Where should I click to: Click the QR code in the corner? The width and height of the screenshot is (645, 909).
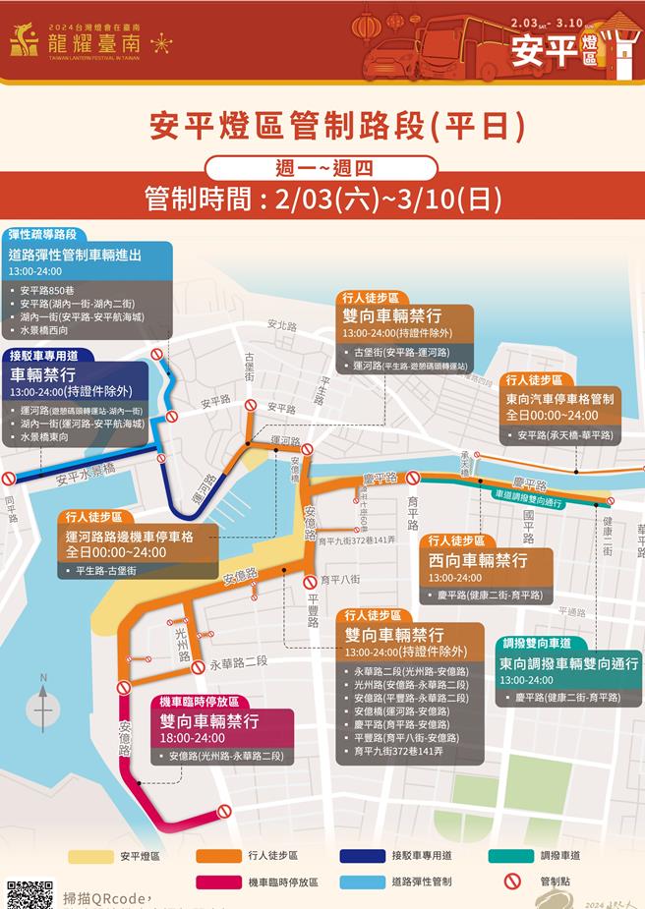pos(29,893)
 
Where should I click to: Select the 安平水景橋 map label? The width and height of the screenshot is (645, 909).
pos(86,477)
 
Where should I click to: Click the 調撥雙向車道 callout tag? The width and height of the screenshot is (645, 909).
pos(536,643)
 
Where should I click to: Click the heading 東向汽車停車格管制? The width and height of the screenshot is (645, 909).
pos(560,398)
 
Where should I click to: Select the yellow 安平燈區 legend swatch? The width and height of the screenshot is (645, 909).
pos(89,856)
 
